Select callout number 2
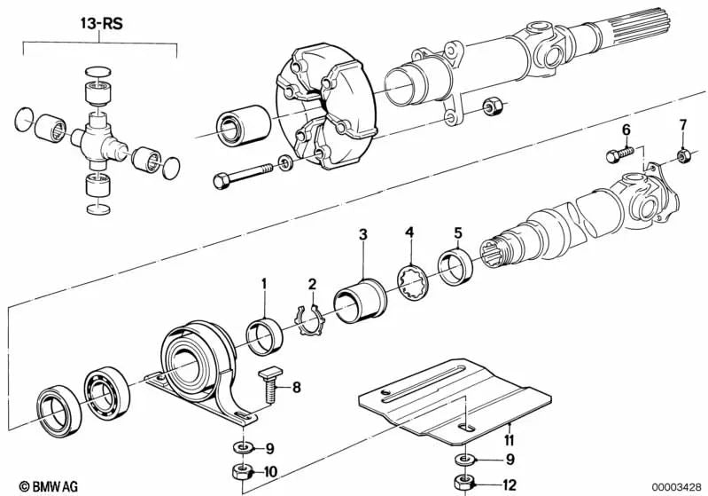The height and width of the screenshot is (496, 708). (312, 284)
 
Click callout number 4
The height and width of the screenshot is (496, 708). (409, 232)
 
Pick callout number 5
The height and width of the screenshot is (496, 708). (457, 232)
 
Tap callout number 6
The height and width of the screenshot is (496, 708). (626, 130)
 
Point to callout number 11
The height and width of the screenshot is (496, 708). (508, 438)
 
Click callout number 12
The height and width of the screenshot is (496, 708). (508, 485)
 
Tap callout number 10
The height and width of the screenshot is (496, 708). (272, 471)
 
